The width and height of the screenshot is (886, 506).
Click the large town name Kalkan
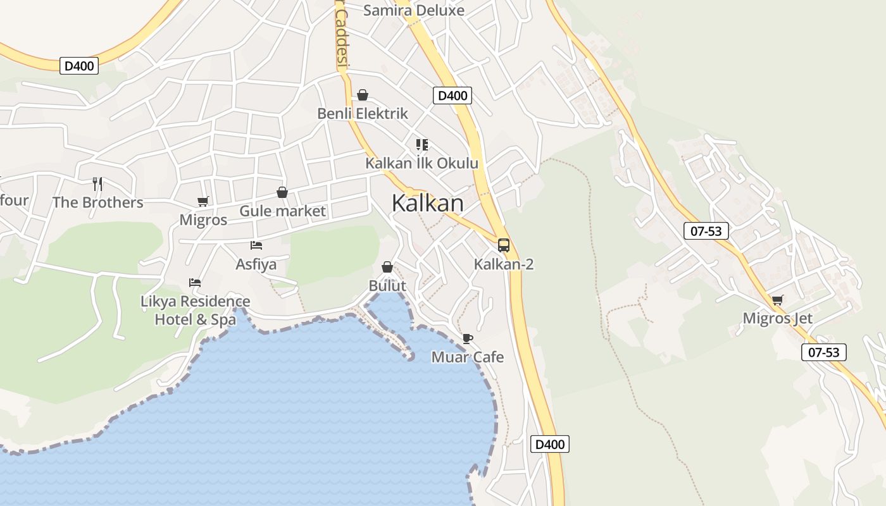click(427, 203)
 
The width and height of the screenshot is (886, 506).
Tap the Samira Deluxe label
click(414, 10)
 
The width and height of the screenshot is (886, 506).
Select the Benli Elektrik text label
click(363, 114)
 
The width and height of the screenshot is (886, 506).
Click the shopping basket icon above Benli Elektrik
click(363, 96)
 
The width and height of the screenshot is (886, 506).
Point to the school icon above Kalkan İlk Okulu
click(422, 145)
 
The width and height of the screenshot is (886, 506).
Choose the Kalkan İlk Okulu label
click(421, 163)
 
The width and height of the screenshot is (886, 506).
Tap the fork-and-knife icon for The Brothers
click(97, 184)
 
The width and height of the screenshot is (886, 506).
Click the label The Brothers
click(97, 202)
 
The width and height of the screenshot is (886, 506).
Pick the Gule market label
click(282, 211)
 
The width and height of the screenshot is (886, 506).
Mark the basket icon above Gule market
click(282, 192)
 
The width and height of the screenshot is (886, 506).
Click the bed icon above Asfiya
click(256, 245)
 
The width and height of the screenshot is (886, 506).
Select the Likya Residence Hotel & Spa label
click(196, 310)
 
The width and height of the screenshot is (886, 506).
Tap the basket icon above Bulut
click(387, 268)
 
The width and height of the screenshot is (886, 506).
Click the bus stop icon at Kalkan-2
click(504, 245)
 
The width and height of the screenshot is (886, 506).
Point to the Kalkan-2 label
click(504, 264)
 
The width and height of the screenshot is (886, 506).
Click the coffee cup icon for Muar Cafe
click(467, 339)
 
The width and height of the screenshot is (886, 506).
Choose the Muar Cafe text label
click(468, 357)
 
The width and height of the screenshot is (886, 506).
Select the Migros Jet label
click(777, 318)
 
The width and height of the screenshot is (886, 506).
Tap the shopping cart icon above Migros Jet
click(777, 300)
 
